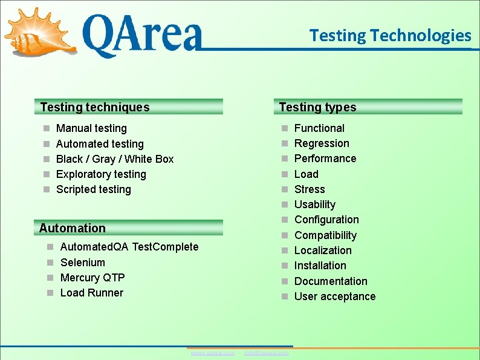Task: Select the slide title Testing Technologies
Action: pyautogui.click(x=390, y=36)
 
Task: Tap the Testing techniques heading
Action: pyautogui.click(x=95, y=107)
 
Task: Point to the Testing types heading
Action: pyautogui.click(x=318, y=107)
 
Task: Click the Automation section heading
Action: pyautogui.click(x=73, y=228)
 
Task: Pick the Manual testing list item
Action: pyautogui.click(x=91, y=128)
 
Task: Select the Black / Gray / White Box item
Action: pyautogui.click(x=115, y=159)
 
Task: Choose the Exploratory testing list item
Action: pyautogui.click(x=101, y=174)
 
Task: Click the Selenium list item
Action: pyautogui.click(x=83, y=263)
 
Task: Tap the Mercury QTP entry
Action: pyautogui.click(x=92, y=278)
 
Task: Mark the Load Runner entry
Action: pyautogui.click(x=92, y=293)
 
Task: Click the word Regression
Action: pyautogui.click(x=322, y=143)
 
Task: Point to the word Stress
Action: pyautogui.click(x=310, y=189)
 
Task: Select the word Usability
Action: pyautogui.click(x=315, y=205)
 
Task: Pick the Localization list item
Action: pyautogui.click(x=323, y=250)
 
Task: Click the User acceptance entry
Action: pyautogui.click(x=335, y=296)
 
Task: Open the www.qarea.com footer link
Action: pyautogui.click(x=213, y=352)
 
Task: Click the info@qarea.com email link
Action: pyautogui.click(x=267, y=352)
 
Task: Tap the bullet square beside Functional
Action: pyautogui.click(x=285, y=128)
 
